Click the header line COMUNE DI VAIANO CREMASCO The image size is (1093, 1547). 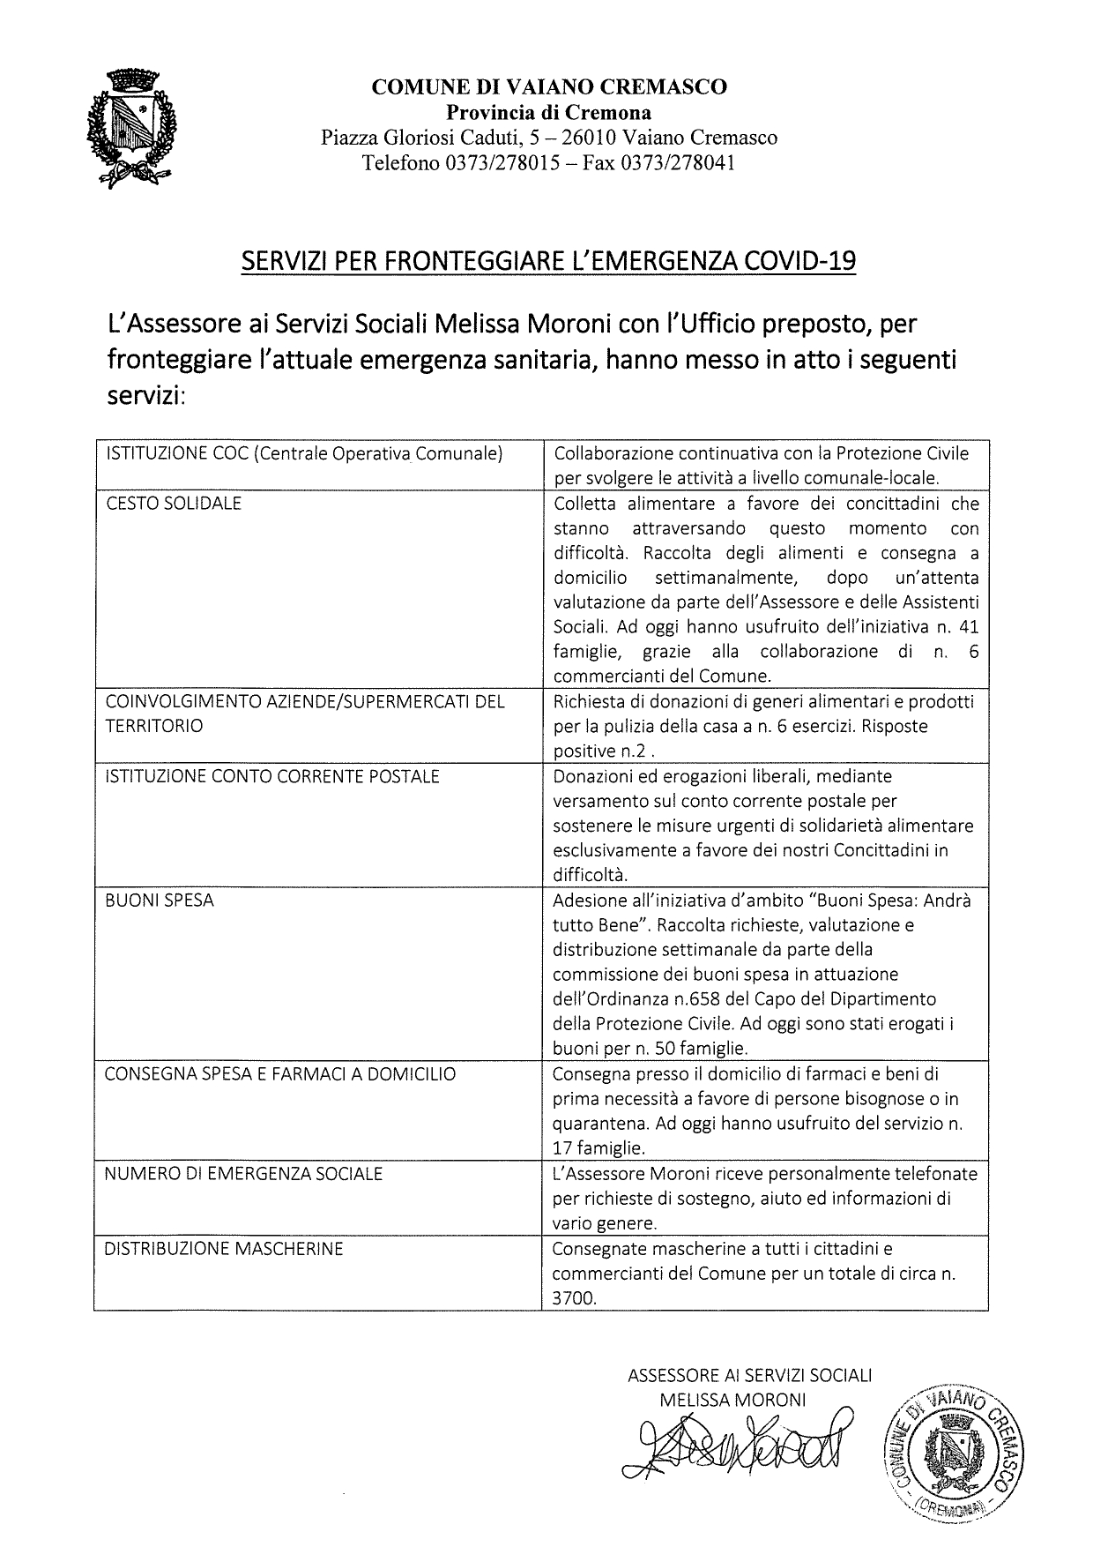(x=549, y=86)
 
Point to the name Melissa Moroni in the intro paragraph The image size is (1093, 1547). (x=457, y=325)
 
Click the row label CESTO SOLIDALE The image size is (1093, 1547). (x=174, y=504)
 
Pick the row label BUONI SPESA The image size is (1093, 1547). (x=160, y=901)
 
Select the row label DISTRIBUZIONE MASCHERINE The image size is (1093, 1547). (x=224, y=1248)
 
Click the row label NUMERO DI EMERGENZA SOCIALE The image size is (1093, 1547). (x=244, y=1173)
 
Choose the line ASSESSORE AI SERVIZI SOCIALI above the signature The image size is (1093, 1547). (x=749, y=1375)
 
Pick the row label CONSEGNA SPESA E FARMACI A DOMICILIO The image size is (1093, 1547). (x=280, y=1074)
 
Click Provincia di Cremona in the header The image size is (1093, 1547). (x=549, y=112)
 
